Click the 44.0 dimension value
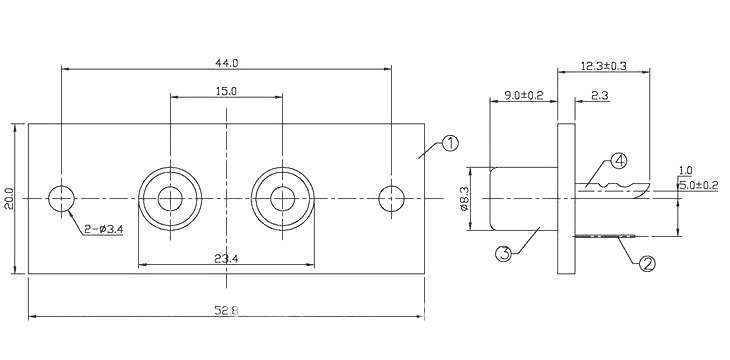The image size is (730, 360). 227,63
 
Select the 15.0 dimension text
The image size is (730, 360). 226,91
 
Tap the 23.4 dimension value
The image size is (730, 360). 226,259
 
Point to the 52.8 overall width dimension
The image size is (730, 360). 227,310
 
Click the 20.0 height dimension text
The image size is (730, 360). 9,199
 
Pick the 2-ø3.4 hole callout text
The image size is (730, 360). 104,229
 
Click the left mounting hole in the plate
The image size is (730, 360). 61,199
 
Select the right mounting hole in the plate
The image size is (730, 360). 392,199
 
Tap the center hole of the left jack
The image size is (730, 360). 170,199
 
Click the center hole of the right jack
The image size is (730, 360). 283,199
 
